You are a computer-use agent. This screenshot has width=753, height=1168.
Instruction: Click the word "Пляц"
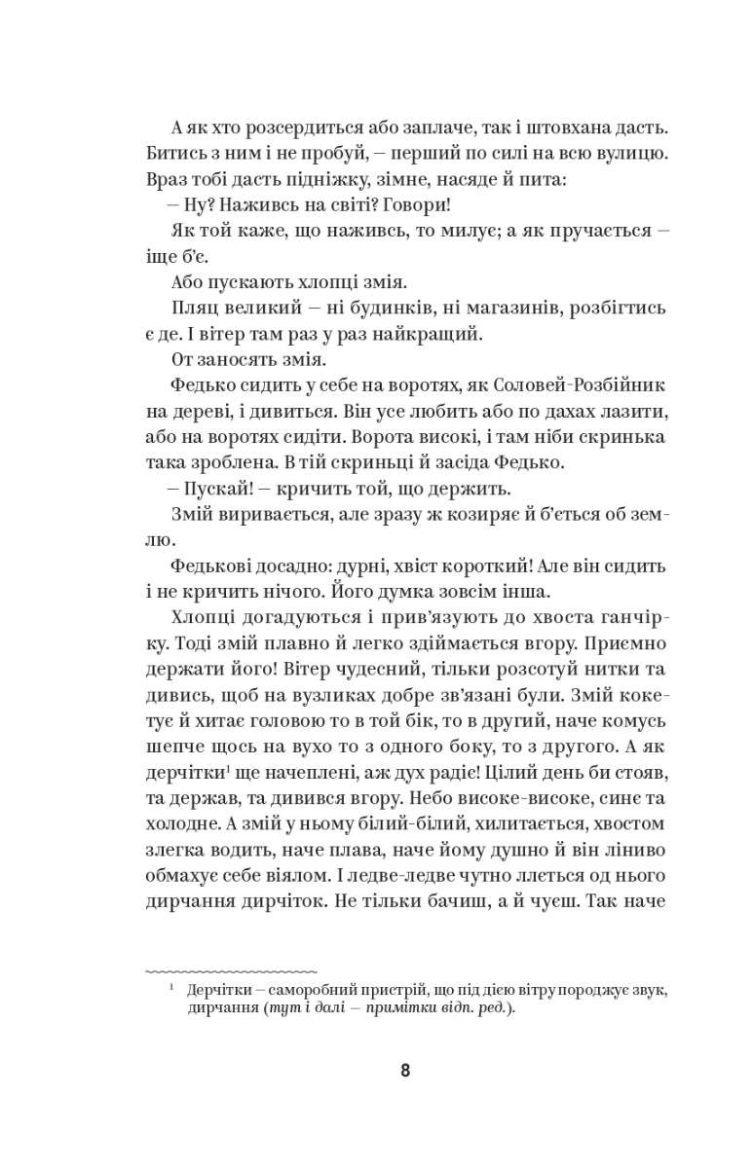pyautogui.click(x=196, y=308)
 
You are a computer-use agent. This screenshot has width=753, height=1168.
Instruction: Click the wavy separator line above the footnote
pyautogui.click(x=231, y=970)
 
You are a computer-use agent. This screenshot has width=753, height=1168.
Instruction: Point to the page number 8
pyautogui.click(x=405, y=1071)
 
